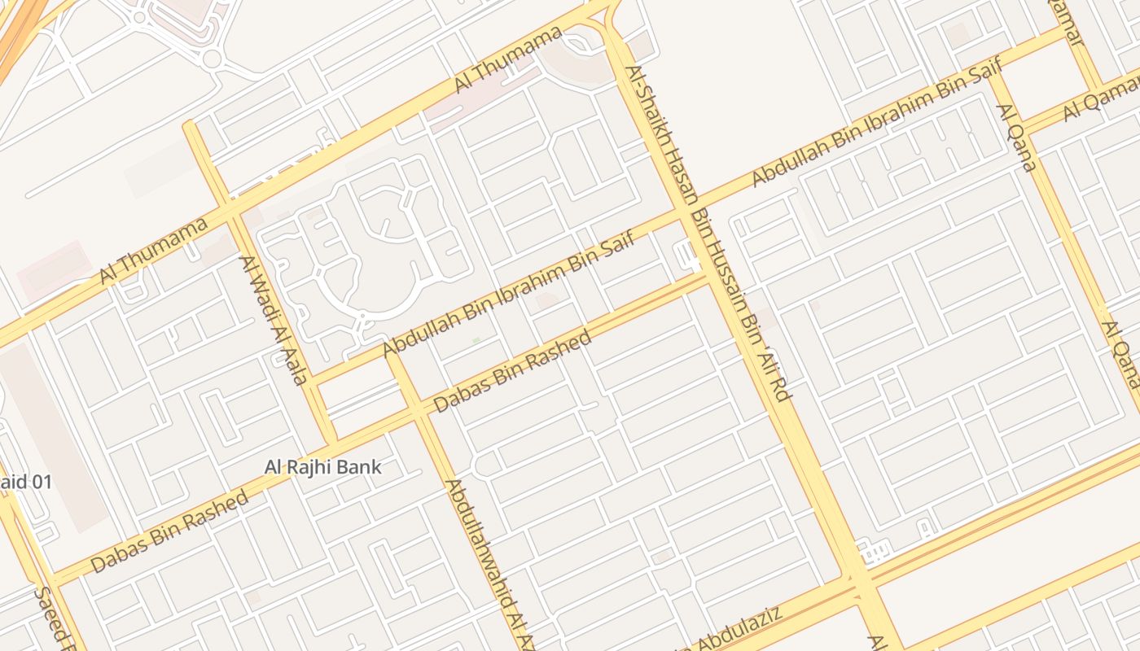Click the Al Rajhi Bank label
323,467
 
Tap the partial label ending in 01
24,482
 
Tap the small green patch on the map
476,339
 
